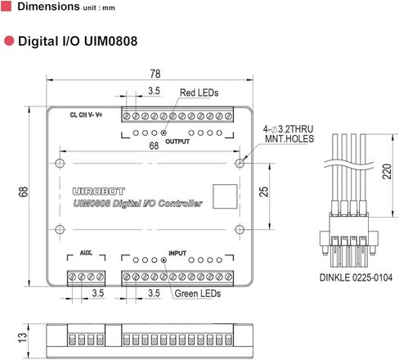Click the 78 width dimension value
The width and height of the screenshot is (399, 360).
pyautogui.click(x=155, y=74)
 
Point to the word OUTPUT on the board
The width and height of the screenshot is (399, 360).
pyautogui.click(x=177, y=142)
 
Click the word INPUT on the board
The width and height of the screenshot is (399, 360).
pyautogui.click(x=177, y=253)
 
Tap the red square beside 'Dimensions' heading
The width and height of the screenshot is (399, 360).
pyautogui.click(x=7, y=7)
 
